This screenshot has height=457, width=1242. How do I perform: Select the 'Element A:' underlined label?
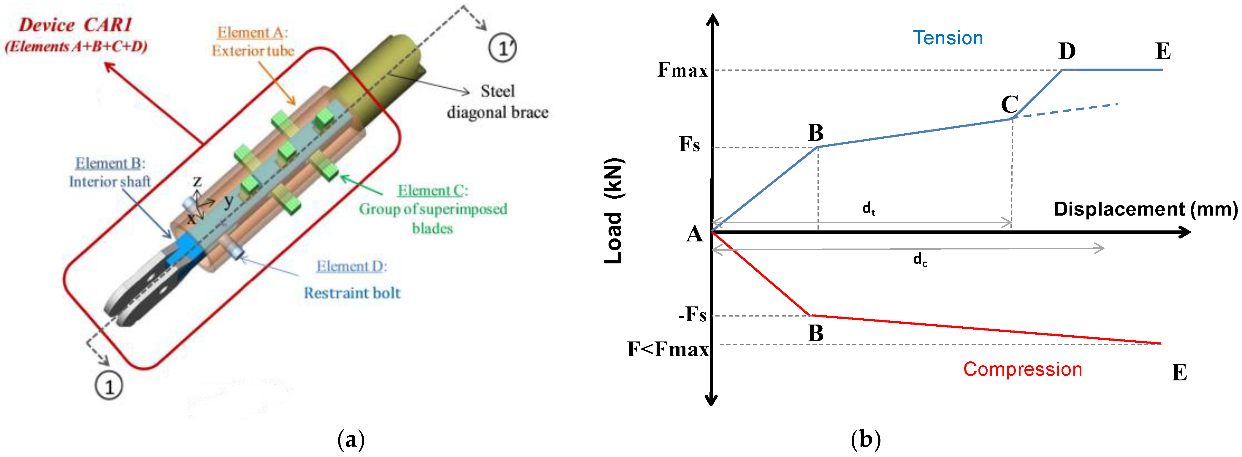252,33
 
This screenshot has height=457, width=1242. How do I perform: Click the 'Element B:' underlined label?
110,163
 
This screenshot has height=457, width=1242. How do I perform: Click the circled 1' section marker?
502,48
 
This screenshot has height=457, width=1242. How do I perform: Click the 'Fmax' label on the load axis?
682,70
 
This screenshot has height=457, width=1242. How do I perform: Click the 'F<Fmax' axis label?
668,349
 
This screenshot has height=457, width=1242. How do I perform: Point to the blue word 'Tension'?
948,38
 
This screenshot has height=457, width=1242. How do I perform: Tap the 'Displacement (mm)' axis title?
1146,209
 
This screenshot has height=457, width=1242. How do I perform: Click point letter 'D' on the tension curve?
1067,51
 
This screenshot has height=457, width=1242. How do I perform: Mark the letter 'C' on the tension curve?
1010,104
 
